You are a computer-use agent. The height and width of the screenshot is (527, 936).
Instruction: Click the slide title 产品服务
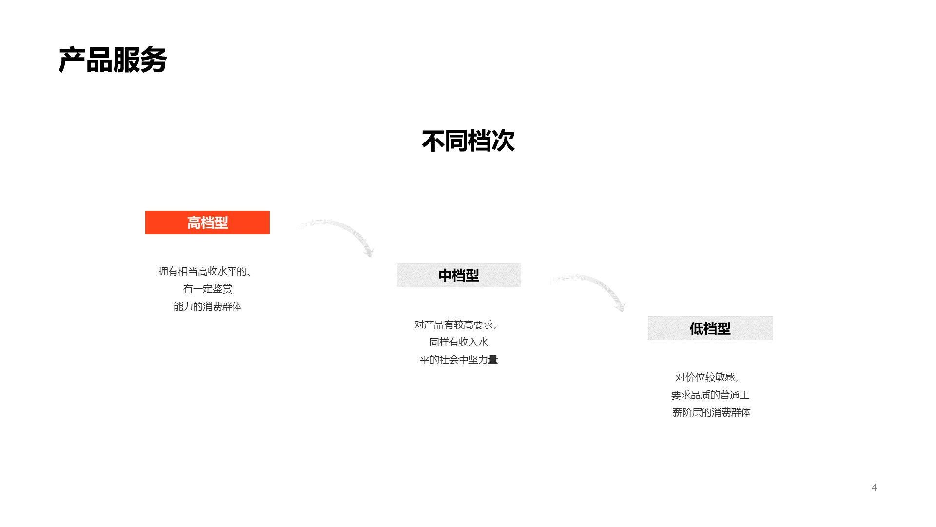113,61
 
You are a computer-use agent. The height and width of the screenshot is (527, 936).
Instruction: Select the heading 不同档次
468,141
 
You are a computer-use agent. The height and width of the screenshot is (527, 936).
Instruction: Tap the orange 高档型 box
207,223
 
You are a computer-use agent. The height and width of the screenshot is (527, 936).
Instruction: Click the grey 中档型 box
459,275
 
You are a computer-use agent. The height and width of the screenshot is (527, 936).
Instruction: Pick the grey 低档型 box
710,328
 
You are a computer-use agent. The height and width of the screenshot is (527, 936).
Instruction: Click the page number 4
874,487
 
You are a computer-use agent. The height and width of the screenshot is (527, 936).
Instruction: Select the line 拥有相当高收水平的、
205,271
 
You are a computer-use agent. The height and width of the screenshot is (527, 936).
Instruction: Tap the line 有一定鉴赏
208,289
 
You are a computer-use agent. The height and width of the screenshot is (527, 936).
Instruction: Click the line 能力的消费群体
208,306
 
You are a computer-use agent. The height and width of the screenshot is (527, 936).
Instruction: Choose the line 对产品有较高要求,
456,324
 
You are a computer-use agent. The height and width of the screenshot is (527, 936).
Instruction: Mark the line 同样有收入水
459,342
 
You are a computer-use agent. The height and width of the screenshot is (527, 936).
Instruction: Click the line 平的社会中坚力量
459,360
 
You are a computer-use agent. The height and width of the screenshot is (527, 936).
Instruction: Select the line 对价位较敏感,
707,377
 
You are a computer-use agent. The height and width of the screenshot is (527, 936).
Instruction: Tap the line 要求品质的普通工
710,395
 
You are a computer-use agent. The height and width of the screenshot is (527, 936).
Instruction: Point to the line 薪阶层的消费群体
712,412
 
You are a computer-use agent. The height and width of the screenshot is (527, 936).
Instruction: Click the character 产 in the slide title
72,61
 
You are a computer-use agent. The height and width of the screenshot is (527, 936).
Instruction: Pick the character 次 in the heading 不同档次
503,141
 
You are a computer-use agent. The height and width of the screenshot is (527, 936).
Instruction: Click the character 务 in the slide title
154,61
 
